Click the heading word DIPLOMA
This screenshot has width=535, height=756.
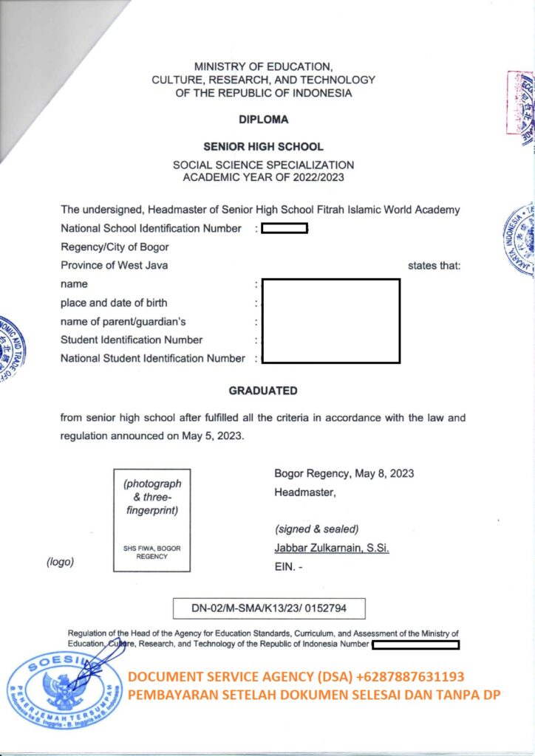263,119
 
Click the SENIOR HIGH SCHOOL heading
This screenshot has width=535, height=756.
263,147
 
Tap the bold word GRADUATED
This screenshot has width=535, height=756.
263,391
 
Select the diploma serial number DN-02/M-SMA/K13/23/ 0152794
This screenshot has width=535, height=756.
269,608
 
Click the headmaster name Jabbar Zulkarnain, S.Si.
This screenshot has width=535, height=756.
332,548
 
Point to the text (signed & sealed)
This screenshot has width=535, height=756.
316,529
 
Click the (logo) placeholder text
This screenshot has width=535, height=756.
60,562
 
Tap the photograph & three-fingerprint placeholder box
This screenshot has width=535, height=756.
151,520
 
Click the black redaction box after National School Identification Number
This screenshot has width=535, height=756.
284,228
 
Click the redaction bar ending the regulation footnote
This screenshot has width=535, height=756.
416,645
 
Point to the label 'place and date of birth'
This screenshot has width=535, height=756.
114,303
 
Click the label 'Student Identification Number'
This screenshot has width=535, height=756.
132,340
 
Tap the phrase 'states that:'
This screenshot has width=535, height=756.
434,265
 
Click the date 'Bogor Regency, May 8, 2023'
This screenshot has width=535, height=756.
344,473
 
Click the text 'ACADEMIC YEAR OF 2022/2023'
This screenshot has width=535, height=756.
263,177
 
